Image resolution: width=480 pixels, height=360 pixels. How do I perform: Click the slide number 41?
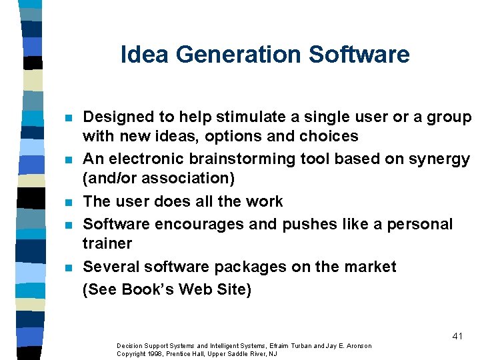[x=457, y=336]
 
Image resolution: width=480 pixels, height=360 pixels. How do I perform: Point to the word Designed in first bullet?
[x=115, y=117]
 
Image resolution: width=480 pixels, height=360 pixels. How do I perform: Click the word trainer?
[x=107, y=243]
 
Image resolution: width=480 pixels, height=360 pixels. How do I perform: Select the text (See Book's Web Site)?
[x=167, y=290]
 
